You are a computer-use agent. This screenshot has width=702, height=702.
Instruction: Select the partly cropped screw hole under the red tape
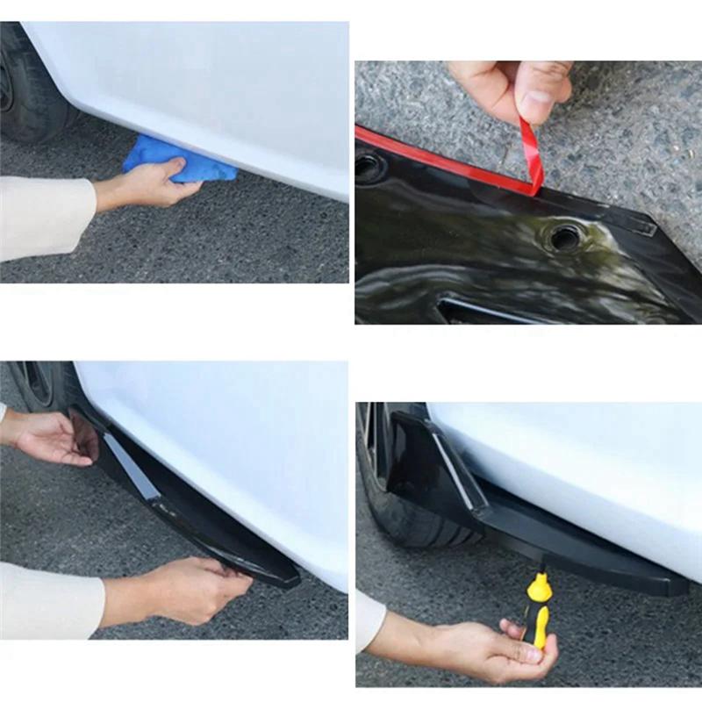(369, 166)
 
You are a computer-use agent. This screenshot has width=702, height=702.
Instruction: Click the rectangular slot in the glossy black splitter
(491, 310)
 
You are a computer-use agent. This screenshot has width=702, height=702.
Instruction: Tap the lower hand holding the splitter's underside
(193, 588)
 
